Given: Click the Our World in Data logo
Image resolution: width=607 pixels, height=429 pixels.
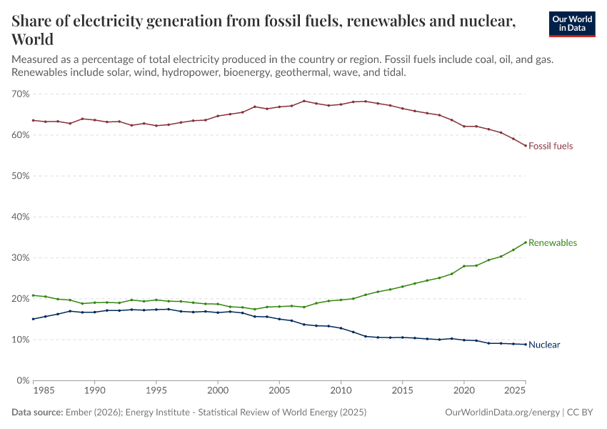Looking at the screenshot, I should pyautogui.click(x=571, y=24).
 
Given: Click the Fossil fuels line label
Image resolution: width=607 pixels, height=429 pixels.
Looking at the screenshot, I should pyautogui.click(x=551, y=146).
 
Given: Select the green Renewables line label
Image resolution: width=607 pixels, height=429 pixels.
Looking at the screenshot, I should pyautogui.click(x=552, y=242).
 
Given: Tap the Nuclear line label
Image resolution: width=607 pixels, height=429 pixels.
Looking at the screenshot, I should pyautogui.click(x=544, y=345).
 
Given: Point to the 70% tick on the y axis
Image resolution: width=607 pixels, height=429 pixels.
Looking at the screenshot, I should pyautogui.click(x=20, y=94).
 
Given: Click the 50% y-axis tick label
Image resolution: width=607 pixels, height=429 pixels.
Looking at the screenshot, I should pyautogui.click(x=20, y=176).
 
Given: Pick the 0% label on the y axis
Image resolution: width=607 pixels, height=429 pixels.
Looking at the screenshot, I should pyautogui.click(x=23, y=381).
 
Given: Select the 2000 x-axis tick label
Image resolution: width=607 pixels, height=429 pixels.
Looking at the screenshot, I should pyautogui.click(x=218, y=392).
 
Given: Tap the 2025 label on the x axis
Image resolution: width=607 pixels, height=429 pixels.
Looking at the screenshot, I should pyautogui.click(x=513, y=392).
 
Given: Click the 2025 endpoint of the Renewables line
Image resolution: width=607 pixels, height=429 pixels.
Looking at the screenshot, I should pyautogui.click(x=526, y=242).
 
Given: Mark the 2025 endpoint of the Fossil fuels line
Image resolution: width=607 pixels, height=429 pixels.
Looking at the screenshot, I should pyautogui.click(x=526, y=146).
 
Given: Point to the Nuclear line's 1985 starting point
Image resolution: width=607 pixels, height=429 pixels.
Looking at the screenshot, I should pyautogui.click(x=33, y=319).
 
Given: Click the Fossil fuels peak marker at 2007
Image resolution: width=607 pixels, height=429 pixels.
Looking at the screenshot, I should pyautogui.click(x=304, y=101).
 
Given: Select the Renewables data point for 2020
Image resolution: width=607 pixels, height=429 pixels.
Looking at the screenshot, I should pyautogui.click(x=464, y=266).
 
